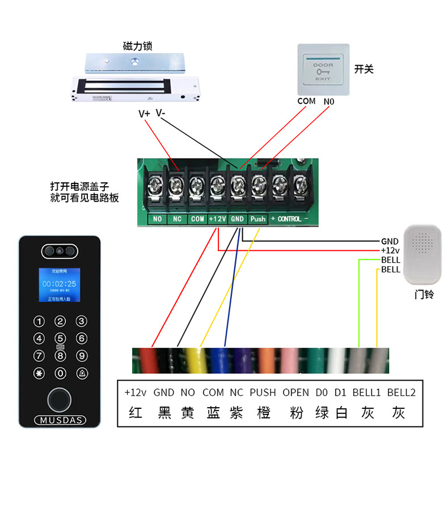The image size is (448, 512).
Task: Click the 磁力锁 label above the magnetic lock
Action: tap(137, 46)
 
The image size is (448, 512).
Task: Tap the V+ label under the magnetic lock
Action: tap(144, 113)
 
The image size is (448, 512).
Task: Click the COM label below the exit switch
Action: tap(306, 101)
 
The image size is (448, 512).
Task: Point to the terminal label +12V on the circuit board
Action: tap(217, 219)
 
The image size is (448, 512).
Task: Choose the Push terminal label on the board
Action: tap(258, 219)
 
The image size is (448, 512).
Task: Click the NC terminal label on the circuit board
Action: tap(177, 219)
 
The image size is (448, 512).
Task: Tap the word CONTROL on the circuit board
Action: tap(289, 219)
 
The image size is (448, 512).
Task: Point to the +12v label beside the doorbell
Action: tap(390, 250)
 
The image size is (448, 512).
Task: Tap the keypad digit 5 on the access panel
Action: tap(60, 339)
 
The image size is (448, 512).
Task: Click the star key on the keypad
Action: tap(39, 374)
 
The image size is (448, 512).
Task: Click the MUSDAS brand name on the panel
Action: tap(60, 420)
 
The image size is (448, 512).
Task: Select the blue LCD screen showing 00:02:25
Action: tap(59, 285)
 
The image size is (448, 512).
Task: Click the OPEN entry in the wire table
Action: tap(296, 392)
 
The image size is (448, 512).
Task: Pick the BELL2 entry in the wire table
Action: tap(401, 392)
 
